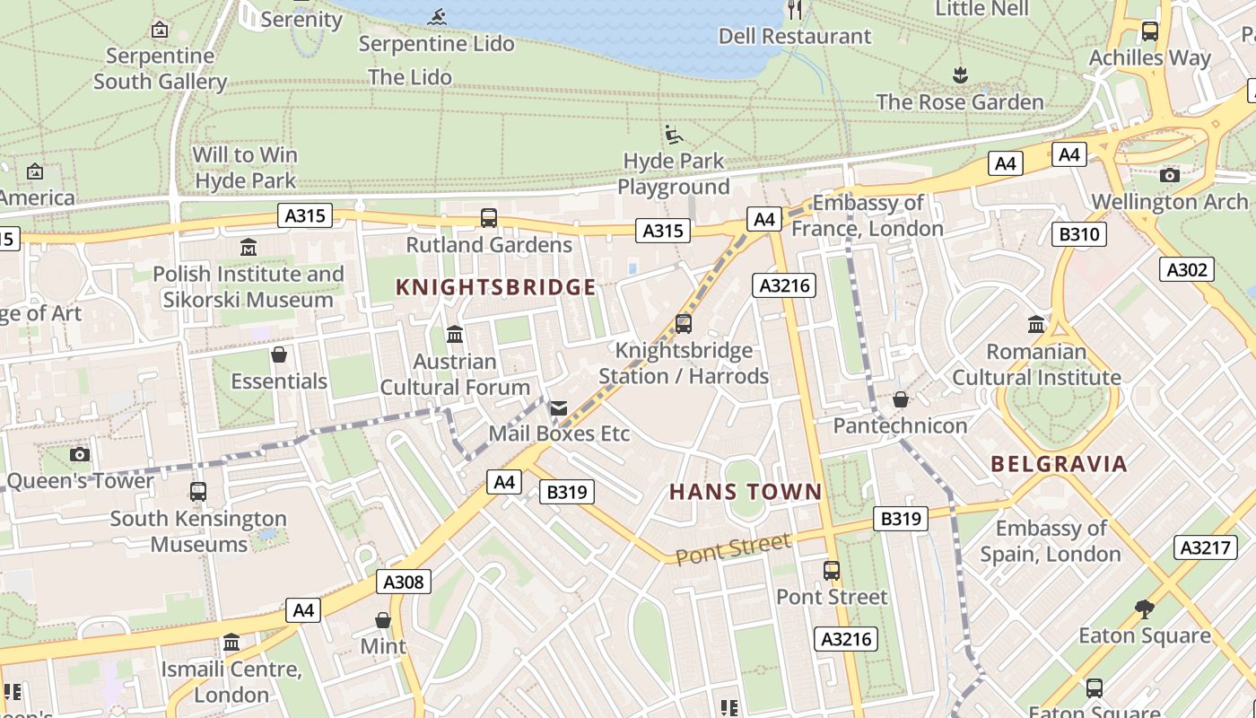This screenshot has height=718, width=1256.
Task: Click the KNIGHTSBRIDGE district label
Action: click(496, 287)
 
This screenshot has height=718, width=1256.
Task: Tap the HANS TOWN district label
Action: click(746, 492)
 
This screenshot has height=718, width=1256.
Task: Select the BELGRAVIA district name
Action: click(1059, 464)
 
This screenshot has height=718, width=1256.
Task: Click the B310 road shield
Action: click(1079, 235)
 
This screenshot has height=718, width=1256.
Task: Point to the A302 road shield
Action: click(1187, 269)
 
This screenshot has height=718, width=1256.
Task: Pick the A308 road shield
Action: click(403, 582)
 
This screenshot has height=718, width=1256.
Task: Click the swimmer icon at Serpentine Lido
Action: click(438, 17)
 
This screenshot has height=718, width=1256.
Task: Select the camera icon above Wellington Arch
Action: click(1169, 175)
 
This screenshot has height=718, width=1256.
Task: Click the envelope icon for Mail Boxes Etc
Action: click(559, 408)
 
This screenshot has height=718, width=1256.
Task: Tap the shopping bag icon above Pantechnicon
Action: click(901, 399)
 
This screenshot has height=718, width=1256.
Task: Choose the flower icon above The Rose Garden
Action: click(960, 74)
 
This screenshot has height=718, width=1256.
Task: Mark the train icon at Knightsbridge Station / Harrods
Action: click(684, 323)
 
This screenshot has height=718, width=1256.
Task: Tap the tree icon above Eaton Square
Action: click(1144, 609)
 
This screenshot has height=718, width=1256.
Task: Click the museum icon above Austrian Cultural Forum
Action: click(455, 335)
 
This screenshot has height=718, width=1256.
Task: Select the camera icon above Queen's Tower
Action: click(80, 454)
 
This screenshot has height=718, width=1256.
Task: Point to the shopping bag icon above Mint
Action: click(383, 620)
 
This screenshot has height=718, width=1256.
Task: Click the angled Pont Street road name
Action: click(733, 548)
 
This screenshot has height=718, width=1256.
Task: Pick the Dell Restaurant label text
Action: click(795, 36)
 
